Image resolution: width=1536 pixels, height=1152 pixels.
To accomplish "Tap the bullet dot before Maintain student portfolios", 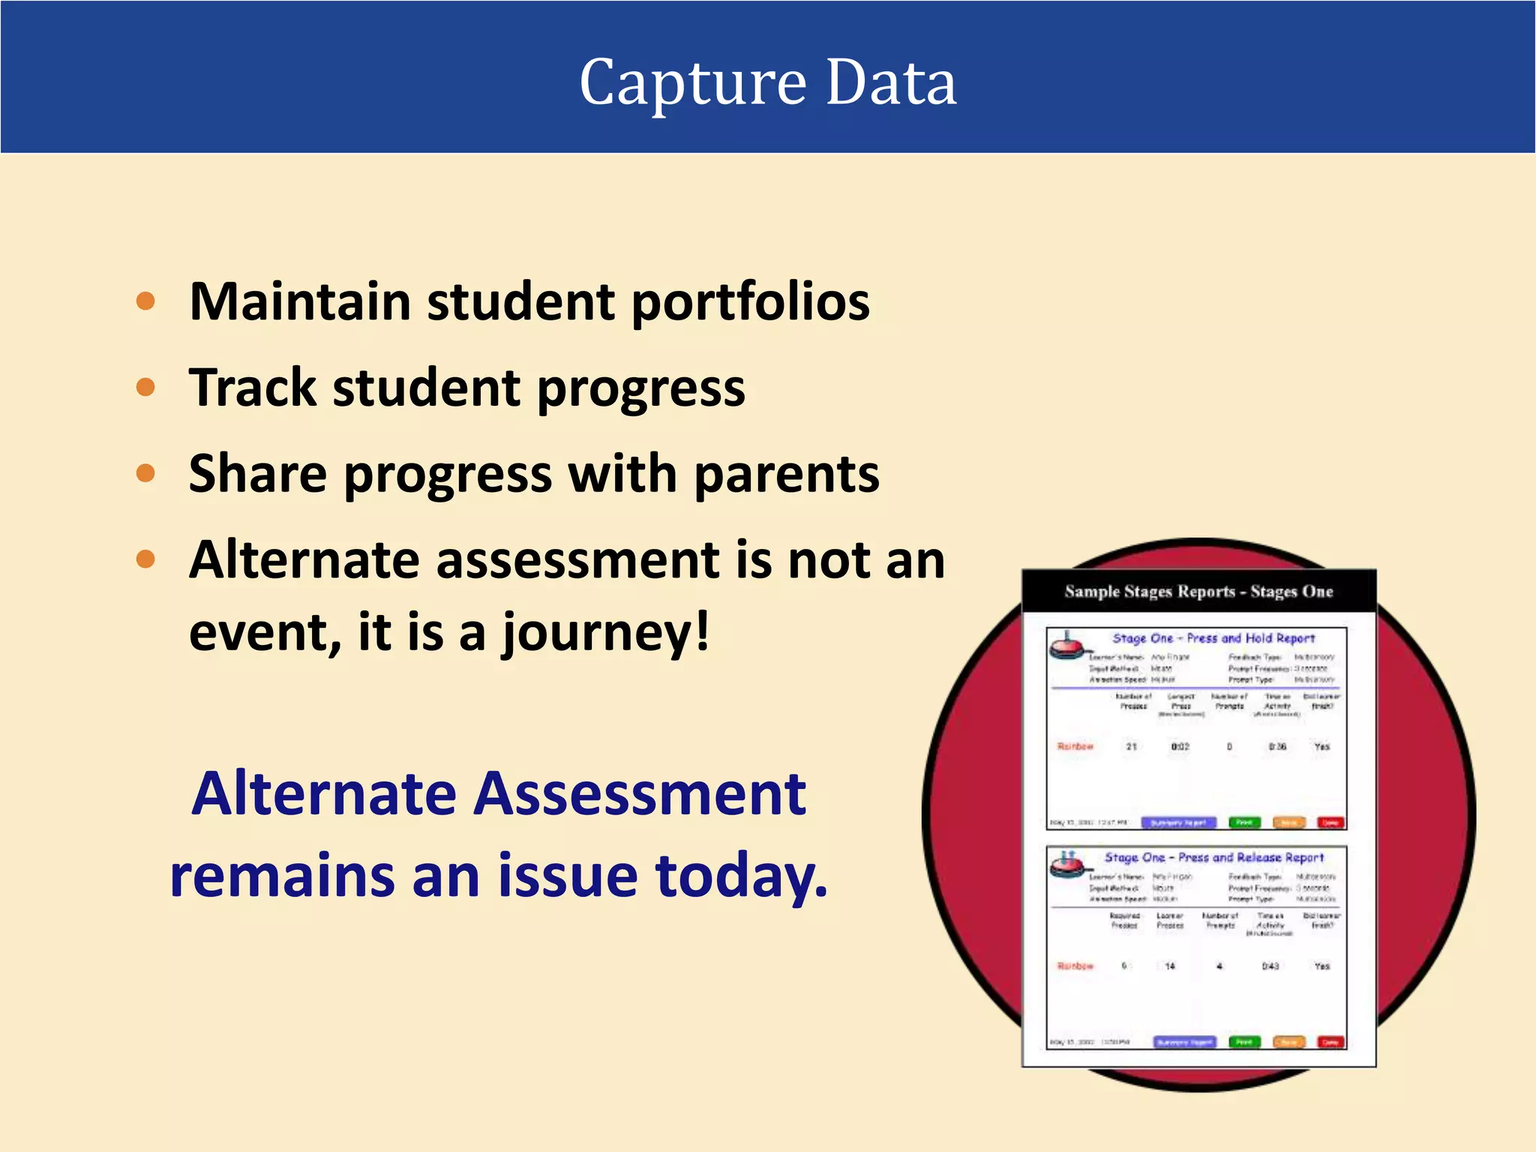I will click(145, 301).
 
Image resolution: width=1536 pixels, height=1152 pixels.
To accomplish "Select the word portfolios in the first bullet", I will click(750, 302).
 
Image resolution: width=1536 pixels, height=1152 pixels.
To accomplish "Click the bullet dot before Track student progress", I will click(145, 388).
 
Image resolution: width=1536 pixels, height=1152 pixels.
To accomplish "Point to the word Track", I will click(253, 388).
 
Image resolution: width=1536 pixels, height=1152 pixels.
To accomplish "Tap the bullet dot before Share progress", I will click(145, 474).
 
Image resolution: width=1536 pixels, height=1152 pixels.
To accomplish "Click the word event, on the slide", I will click(265, 632).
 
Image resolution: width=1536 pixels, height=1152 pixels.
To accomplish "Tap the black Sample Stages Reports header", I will click(1198, 592).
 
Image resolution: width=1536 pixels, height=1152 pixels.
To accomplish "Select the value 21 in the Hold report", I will click(1131, 746).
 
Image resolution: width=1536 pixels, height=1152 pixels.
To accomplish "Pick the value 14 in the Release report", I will click(1169, 966).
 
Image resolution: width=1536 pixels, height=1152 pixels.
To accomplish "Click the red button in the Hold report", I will click(1330, 823).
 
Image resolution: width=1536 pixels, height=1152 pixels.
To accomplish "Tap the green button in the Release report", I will click(1244, 1042).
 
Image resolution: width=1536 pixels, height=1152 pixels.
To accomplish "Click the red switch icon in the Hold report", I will click(1066, 646).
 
